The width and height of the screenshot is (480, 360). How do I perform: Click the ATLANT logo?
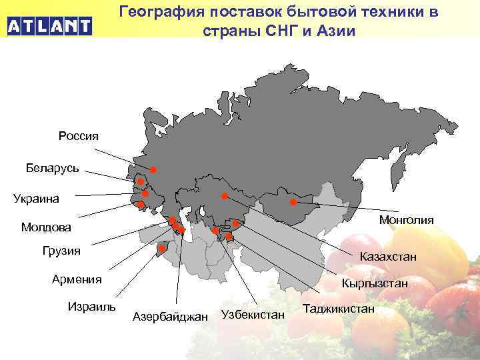pos(49,27)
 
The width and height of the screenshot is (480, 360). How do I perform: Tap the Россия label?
pos(79,136)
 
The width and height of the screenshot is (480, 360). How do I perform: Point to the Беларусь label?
pos(53,167)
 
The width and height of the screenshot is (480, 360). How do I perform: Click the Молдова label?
pos(46,228)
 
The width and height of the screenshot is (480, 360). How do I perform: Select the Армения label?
pos(77,279)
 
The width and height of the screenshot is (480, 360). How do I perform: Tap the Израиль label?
pos(92,307)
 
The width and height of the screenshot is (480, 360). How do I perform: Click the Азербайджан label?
pos(171,316)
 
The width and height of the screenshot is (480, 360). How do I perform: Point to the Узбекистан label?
pos(253,314)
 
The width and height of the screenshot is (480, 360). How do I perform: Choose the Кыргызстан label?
pos(375,283)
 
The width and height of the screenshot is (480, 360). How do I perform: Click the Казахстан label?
pos(388,256)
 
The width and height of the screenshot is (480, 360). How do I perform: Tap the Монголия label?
pos(406,220)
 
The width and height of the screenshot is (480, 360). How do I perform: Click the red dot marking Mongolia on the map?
pos(293,202)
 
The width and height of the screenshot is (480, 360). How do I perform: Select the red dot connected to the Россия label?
pos(153,170)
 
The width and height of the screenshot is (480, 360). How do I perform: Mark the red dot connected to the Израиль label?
pos(161,249)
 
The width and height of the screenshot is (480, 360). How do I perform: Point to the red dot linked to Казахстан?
pos(225,196)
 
